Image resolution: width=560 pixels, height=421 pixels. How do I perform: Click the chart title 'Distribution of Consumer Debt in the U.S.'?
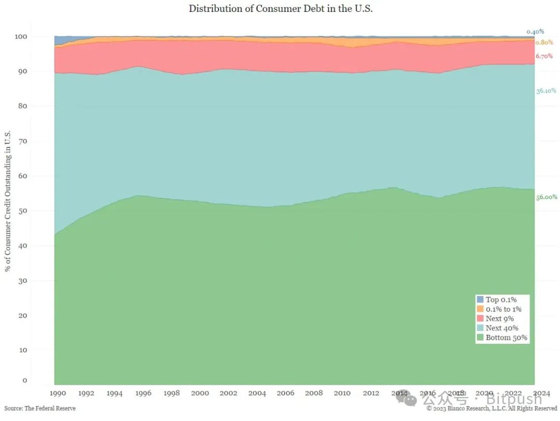click(281, 8)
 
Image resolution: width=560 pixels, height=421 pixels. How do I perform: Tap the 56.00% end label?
click(546, 197)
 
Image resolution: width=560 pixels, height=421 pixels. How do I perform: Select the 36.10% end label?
click(546, 91)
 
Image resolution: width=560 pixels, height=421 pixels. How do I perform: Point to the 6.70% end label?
click(544, 56)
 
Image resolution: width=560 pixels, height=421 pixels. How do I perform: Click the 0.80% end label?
click(544, 42)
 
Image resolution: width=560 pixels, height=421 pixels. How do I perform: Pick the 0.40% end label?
click(535, 31)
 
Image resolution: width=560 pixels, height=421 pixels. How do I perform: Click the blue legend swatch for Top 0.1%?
click(480, 300)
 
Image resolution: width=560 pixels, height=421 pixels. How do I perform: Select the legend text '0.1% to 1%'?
click(503, 309)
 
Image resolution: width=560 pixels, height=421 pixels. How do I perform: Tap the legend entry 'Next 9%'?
click(499, 319)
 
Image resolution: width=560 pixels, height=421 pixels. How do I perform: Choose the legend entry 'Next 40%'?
click(501, 328)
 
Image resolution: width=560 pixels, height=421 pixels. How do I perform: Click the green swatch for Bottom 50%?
click(480, 338)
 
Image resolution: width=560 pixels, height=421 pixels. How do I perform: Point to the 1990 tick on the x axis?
click(57, 393)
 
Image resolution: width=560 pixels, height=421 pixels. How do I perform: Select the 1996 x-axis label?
click(143, 393)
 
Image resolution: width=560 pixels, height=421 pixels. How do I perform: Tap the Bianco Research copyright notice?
click(492, 409)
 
